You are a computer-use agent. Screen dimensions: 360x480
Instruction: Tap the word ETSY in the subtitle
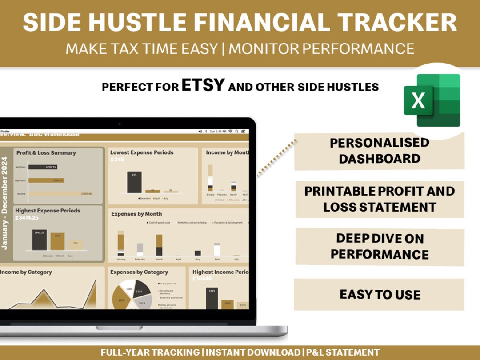pyautogui.click(x=202, y=85)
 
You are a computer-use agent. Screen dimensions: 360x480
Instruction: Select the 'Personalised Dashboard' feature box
pyautogui.click(x=379, y=151)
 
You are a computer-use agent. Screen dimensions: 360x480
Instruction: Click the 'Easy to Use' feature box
pyautogui.click(x=379, y=294)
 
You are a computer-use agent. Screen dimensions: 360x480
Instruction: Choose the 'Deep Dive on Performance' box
pyautogui.click(x=379, y=246)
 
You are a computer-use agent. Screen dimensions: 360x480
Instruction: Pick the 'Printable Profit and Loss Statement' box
pyautogui.click(x=379, y=199)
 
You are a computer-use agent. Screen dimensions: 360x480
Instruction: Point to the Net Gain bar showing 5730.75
pyautogui.click(x=43, y=167)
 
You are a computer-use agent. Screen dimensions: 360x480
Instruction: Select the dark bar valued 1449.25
pyautogui.click(x=40, y=240)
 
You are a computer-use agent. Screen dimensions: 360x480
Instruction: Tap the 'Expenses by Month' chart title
pyautogui.click(x=136, y=214)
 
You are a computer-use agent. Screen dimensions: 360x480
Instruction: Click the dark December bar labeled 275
pyautogui.click(x=134, y=182)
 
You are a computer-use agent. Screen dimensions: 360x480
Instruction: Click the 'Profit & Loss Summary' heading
pyautogui.click(x=46, y=153)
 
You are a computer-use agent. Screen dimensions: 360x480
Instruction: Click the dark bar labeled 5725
pyautogui.click(x=212, y=298)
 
